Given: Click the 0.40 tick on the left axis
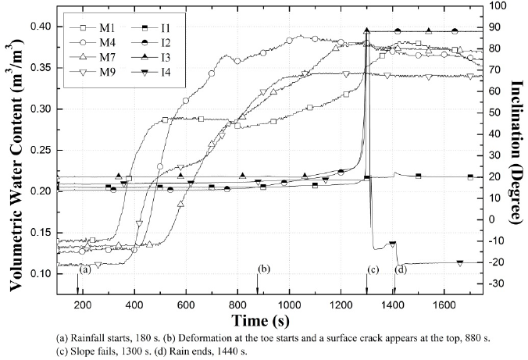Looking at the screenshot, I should pos(62,27).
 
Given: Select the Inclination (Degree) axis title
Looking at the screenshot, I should pos(517,148).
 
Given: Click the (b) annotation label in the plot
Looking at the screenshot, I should pos(264,269).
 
